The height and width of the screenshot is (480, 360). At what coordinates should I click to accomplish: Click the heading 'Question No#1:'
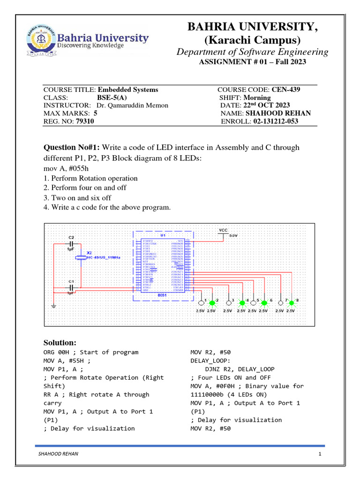coord(71,148)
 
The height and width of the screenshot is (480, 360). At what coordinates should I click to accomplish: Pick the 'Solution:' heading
coord(60,343)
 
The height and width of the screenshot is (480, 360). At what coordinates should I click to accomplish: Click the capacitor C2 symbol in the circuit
coord(72,244)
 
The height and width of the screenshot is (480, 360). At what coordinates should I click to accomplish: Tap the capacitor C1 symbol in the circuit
coord(72,286)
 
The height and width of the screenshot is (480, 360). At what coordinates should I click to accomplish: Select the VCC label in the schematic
coord(223,230)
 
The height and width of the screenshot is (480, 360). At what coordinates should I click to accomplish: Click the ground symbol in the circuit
coord(53,307)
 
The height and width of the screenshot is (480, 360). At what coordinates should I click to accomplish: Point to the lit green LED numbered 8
coord(292,302)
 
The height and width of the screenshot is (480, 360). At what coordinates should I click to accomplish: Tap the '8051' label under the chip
coord(162,295)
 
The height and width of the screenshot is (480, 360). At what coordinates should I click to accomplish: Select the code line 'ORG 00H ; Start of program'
coord(90,352)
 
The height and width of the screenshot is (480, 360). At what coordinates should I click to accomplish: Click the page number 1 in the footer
coord(319,454)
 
